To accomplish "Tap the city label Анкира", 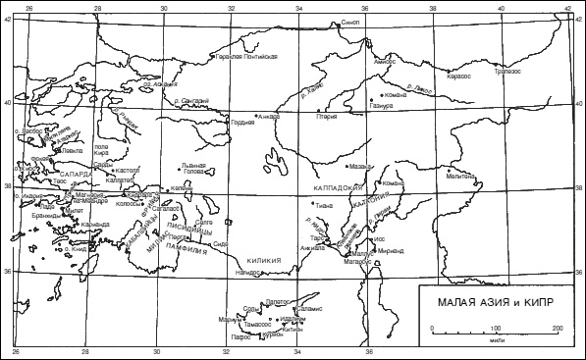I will pos(268,115).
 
